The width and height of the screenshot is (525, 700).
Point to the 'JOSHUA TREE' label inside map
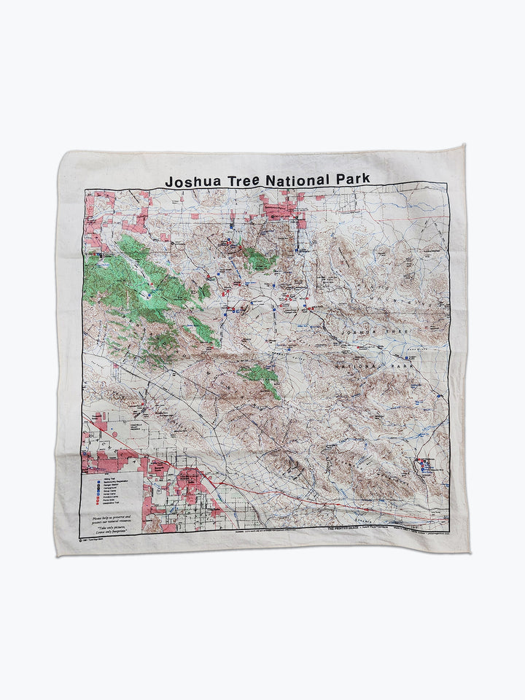[370, 332]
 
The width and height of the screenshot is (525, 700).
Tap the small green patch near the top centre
[259, 257]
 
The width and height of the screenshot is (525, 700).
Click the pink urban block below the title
[280, 210]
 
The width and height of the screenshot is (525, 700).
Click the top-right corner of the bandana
[462, 146]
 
